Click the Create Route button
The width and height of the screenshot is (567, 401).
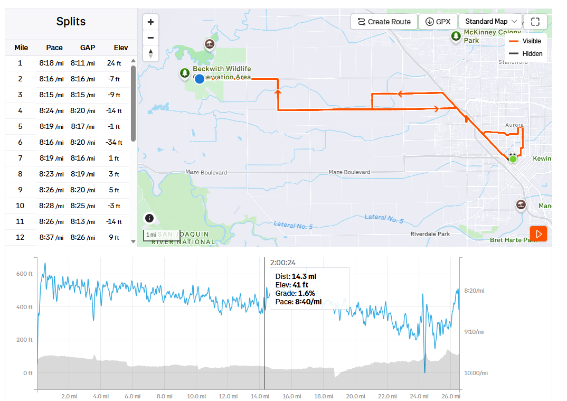(x=384, y=22)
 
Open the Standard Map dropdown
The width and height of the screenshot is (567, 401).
(x=490, y=22)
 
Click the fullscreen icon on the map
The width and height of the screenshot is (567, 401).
(x=535, y=22)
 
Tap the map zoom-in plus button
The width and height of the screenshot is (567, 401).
(x=151, y=22)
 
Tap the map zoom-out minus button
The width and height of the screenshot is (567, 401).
(x=151, y=38)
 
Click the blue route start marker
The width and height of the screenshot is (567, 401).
(x=200, y=79)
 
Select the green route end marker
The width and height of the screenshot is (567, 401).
(x=513, y=158)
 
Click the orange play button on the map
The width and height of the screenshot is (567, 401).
(x=538, y=234)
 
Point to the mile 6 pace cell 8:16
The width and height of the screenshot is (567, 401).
(x=51, y=142)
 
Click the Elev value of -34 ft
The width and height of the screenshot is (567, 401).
(x=114, y=142)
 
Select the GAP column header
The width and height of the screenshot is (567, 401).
(x=88, y=48)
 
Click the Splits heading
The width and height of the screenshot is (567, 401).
(x=71, y=22)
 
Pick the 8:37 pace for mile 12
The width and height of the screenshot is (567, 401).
(x=51, y=237)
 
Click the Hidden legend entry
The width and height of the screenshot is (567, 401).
(x=532, y=54)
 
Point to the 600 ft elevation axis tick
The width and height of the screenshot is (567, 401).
(x=24, y=274)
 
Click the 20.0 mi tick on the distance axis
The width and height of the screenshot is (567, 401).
(x=355, y=396)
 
